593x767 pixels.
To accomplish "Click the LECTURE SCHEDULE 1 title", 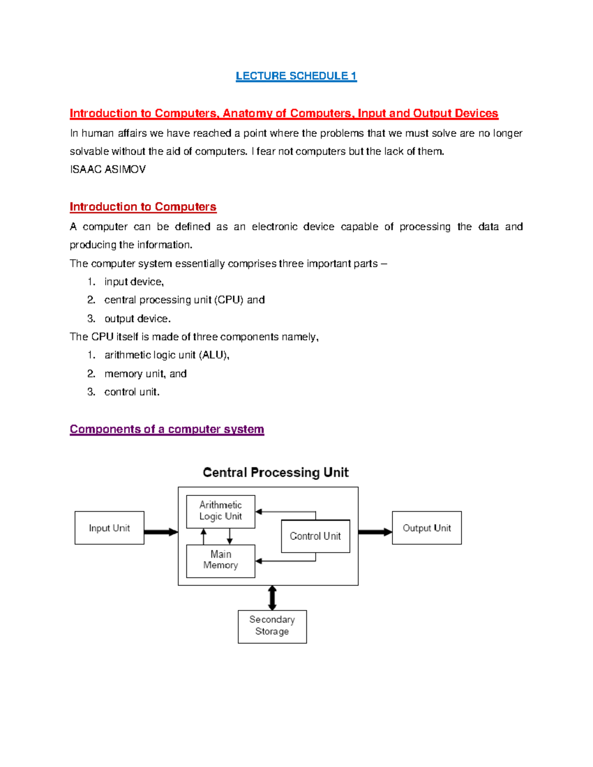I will pyautogui.click(x=296, y=76).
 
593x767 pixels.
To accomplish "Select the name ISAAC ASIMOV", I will pyautogui.click(x=108, y=169).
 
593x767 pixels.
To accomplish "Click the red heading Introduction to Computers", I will pyautogui.click(x=143, y=206).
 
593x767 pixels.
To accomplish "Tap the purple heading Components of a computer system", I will pyautogui.click(x=167, y=429).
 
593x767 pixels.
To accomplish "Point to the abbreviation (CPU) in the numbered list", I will pyautogui.click(x=229, y=300).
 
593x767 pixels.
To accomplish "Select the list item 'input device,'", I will pyautogui.click(x=134, y=282).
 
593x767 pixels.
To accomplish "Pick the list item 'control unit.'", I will pyautogui.click(x=132, y=392).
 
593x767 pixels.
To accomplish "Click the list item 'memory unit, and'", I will pyautogui.click(x=145, y=374).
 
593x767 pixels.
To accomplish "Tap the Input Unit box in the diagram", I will pyautogui.click(x=109, y=528).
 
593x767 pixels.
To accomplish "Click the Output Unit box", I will pyautogui.click(x=426, y=528).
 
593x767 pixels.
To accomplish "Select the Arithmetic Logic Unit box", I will pyautogui.click(x=220, y=511).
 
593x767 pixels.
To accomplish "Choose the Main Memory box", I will pyautogui.click(x=220, y=561).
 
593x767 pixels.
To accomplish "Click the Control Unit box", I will pyautogui.click(x=315, y=536).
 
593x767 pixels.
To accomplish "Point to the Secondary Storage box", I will pyautogui.click(x=272, y=626).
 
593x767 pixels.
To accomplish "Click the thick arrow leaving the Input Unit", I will pyautogui.click(x=161, y=532).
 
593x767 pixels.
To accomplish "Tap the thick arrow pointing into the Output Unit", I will pyautogui.click(x=375, y=532).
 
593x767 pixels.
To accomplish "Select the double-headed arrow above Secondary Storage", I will pyautogui.click(x=272, y=598).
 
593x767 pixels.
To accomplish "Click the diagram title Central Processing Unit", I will pyautogui.click(x=276, y=473).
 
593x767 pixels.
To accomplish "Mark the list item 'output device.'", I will pyautogui.click(x=137, y=319).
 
